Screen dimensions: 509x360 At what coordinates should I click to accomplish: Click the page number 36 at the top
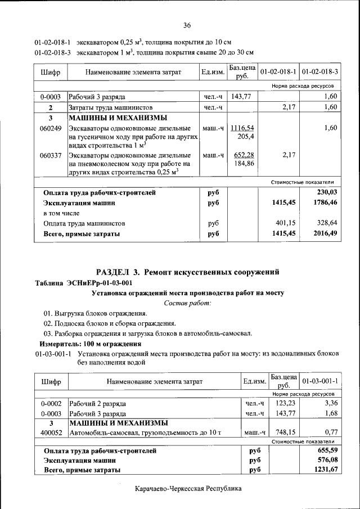pos(187,25)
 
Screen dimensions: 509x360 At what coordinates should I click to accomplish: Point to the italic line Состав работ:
pos(187,303)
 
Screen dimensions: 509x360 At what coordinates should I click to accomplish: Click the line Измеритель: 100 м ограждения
pos(89,344)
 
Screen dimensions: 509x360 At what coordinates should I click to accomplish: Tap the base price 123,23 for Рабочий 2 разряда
pos(285,403)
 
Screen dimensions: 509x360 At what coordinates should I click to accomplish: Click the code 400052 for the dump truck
pos(51,433)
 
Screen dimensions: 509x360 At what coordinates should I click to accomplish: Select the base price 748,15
pos(285,433)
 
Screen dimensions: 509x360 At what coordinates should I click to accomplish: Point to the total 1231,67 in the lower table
pos(325,470)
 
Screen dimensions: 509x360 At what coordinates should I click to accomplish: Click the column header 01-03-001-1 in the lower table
pos(319,382)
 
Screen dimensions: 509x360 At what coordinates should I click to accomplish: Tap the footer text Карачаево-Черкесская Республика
pos(188,489)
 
